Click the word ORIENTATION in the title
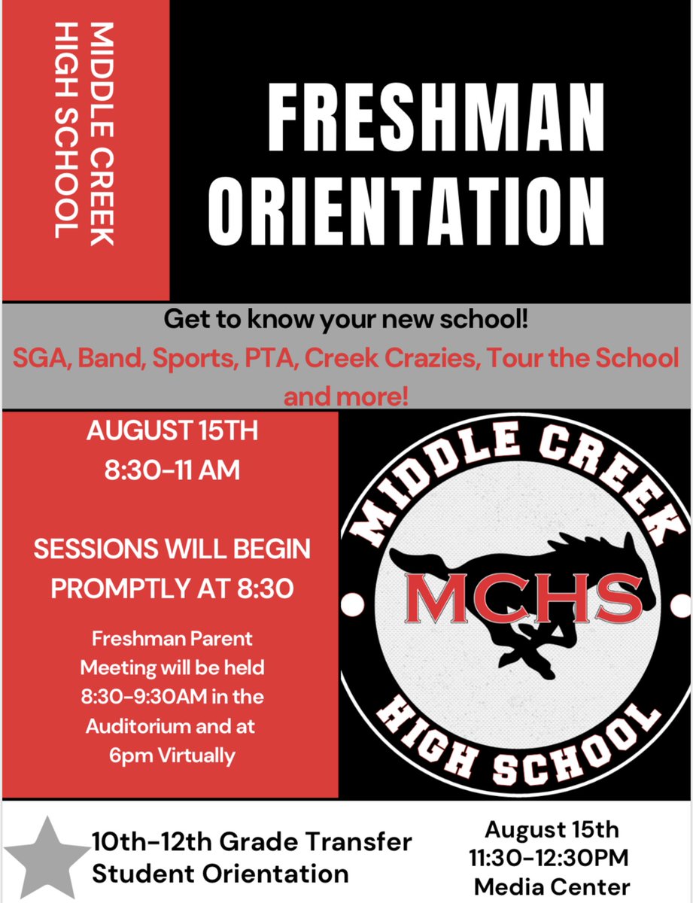click(x=407, y=205)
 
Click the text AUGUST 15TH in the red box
click(x=172, y=433)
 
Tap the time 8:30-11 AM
click(x=172, y=471)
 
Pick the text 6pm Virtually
click(x=172, y=755)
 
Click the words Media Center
click(x=552, y=885)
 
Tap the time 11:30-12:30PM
click(x=552, y=857)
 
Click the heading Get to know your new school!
click(x=346, y=321)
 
